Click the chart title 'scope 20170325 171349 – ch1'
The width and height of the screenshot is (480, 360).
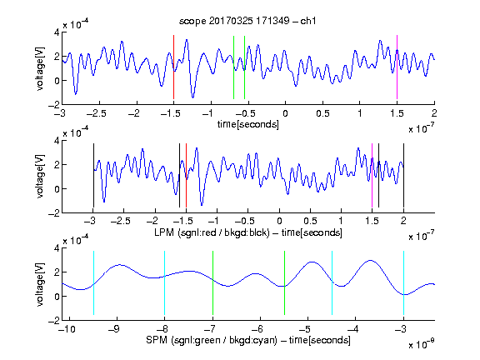247,21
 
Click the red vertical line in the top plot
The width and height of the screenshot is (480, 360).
173,67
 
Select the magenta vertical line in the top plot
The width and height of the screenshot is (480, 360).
397,67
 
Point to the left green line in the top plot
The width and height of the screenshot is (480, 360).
233,67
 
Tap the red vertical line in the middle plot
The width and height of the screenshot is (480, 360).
186,175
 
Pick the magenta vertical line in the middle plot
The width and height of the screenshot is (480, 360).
372,175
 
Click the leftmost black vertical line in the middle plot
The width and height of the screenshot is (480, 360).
93,175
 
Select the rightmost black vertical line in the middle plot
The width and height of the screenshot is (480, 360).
403,175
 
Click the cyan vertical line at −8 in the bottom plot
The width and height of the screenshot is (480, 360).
165,282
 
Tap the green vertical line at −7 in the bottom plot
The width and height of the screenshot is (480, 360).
212,282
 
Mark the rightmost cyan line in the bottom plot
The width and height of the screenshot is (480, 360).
403,282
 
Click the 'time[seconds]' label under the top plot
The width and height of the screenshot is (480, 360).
248,124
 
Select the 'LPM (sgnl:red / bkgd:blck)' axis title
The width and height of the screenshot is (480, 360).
212,232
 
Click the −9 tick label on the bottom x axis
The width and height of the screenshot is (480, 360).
114,329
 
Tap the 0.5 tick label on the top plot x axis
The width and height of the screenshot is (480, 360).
322,113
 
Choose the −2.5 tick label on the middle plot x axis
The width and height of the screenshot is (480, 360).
121,221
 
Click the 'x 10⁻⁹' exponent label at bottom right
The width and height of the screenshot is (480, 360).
422,344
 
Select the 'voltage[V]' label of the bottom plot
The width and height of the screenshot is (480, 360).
40,284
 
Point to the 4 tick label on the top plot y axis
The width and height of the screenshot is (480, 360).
57,32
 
